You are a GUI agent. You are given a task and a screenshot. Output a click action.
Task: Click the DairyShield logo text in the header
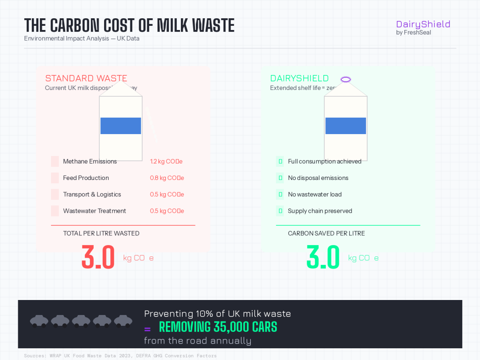[423, 24]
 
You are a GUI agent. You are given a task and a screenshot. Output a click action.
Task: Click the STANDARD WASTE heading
[86, 78]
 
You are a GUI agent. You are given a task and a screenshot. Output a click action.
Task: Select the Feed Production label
[86, 178]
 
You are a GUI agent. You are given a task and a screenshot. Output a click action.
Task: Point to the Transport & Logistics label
[92, 195]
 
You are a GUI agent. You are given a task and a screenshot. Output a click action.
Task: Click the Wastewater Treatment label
[94, 211]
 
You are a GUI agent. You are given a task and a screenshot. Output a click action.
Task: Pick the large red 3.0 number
[98, 257]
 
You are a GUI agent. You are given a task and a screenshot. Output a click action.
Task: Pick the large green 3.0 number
[323, 257]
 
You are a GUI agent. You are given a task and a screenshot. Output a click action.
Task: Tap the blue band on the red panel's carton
[120, 126]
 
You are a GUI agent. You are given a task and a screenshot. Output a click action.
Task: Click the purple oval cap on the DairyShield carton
[345, 80]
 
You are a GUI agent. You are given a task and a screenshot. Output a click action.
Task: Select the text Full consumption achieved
[324, 162]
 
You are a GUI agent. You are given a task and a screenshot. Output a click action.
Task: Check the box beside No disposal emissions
[280, 178]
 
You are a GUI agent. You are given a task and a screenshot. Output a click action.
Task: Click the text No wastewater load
[315, 195]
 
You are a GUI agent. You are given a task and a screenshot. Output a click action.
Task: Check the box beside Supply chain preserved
[280, 211]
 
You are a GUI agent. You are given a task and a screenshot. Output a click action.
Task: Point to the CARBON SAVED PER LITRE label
[326, 233]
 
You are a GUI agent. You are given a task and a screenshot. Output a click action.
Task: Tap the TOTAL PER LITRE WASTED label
[101, 233]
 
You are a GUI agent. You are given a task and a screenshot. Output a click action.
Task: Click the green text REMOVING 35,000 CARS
[218, 327]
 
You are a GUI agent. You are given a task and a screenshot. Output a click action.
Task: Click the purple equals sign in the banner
[147, 328]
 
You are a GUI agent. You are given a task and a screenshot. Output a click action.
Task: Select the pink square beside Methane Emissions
[55, 162]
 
